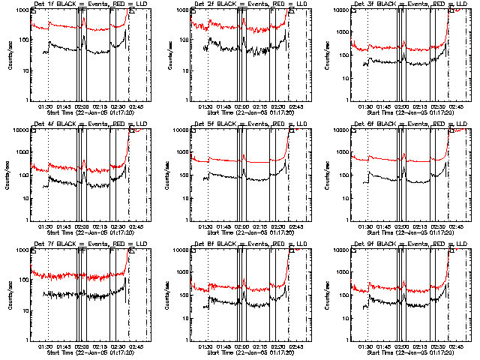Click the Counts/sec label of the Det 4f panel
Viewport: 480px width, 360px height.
tap(10, 175)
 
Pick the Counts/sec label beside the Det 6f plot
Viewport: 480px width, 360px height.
tap(331, 175)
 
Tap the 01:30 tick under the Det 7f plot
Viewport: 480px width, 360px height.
tap(44, 346)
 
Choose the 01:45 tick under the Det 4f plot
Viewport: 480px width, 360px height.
tap(63, 226)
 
